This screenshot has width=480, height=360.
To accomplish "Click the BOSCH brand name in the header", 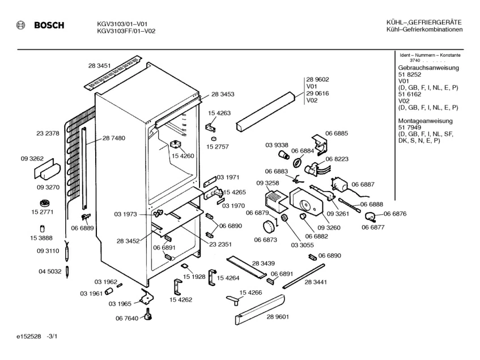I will tap(49, 26).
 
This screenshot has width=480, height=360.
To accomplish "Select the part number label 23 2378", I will tap(48, 133).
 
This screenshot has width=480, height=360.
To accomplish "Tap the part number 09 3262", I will tap(32, 159).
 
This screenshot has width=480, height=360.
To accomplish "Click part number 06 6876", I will tap(394, 214).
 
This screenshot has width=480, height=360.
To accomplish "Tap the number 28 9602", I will tap(318, 79).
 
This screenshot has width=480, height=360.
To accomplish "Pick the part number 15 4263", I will tap(219, 113).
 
